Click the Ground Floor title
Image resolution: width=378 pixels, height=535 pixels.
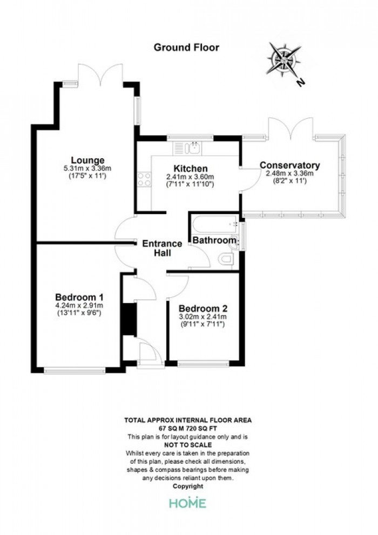pyautogui.click(x=186, y=48)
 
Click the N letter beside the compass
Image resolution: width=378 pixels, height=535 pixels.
pyautogui.click(x=300, y=82)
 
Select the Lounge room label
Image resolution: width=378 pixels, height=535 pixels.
pyautogui.click(x=87, y=160)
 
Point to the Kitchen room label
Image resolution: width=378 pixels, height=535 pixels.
pyautogui.click(x=191, y=169)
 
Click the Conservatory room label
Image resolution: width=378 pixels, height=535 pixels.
pyautogui.click(x=290, y=165)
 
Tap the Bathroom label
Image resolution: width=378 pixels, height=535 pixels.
pyautogui.click(x=214, y=240)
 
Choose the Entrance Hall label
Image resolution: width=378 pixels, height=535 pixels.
pyautogui.click(x=162, y=249)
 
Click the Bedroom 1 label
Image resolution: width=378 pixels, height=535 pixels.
pyautogui.click(x=79, y=297)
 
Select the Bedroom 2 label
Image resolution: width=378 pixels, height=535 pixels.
pyautogui.click(x=203, y=309)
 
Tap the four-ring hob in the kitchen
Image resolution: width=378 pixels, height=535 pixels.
pyautogui.click(x=145, y=179)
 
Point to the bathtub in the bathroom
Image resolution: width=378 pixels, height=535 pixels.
pyautogui.click(x=215, y=224)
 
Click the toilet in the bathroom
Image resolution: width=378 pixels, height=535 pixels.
pyautogui.click(x=226, y=259)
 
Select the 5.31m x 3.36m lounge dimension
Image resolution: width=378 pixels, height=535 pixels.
pyautogui.click(x=87, y=168)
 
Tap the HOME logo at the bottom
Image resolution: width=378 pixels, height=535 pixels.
pyautogui.click(x=188, y=503)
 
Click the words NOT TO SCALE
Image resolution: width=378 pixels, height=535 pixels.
pyautogui.click(x=188, y=445)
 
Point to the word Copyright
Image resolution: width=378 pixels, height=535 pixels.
pyautogui.click(x=188, y=486)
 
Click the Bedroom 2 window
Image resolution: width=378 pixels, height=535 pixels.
pyautogui.click(x=203, y=364)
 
